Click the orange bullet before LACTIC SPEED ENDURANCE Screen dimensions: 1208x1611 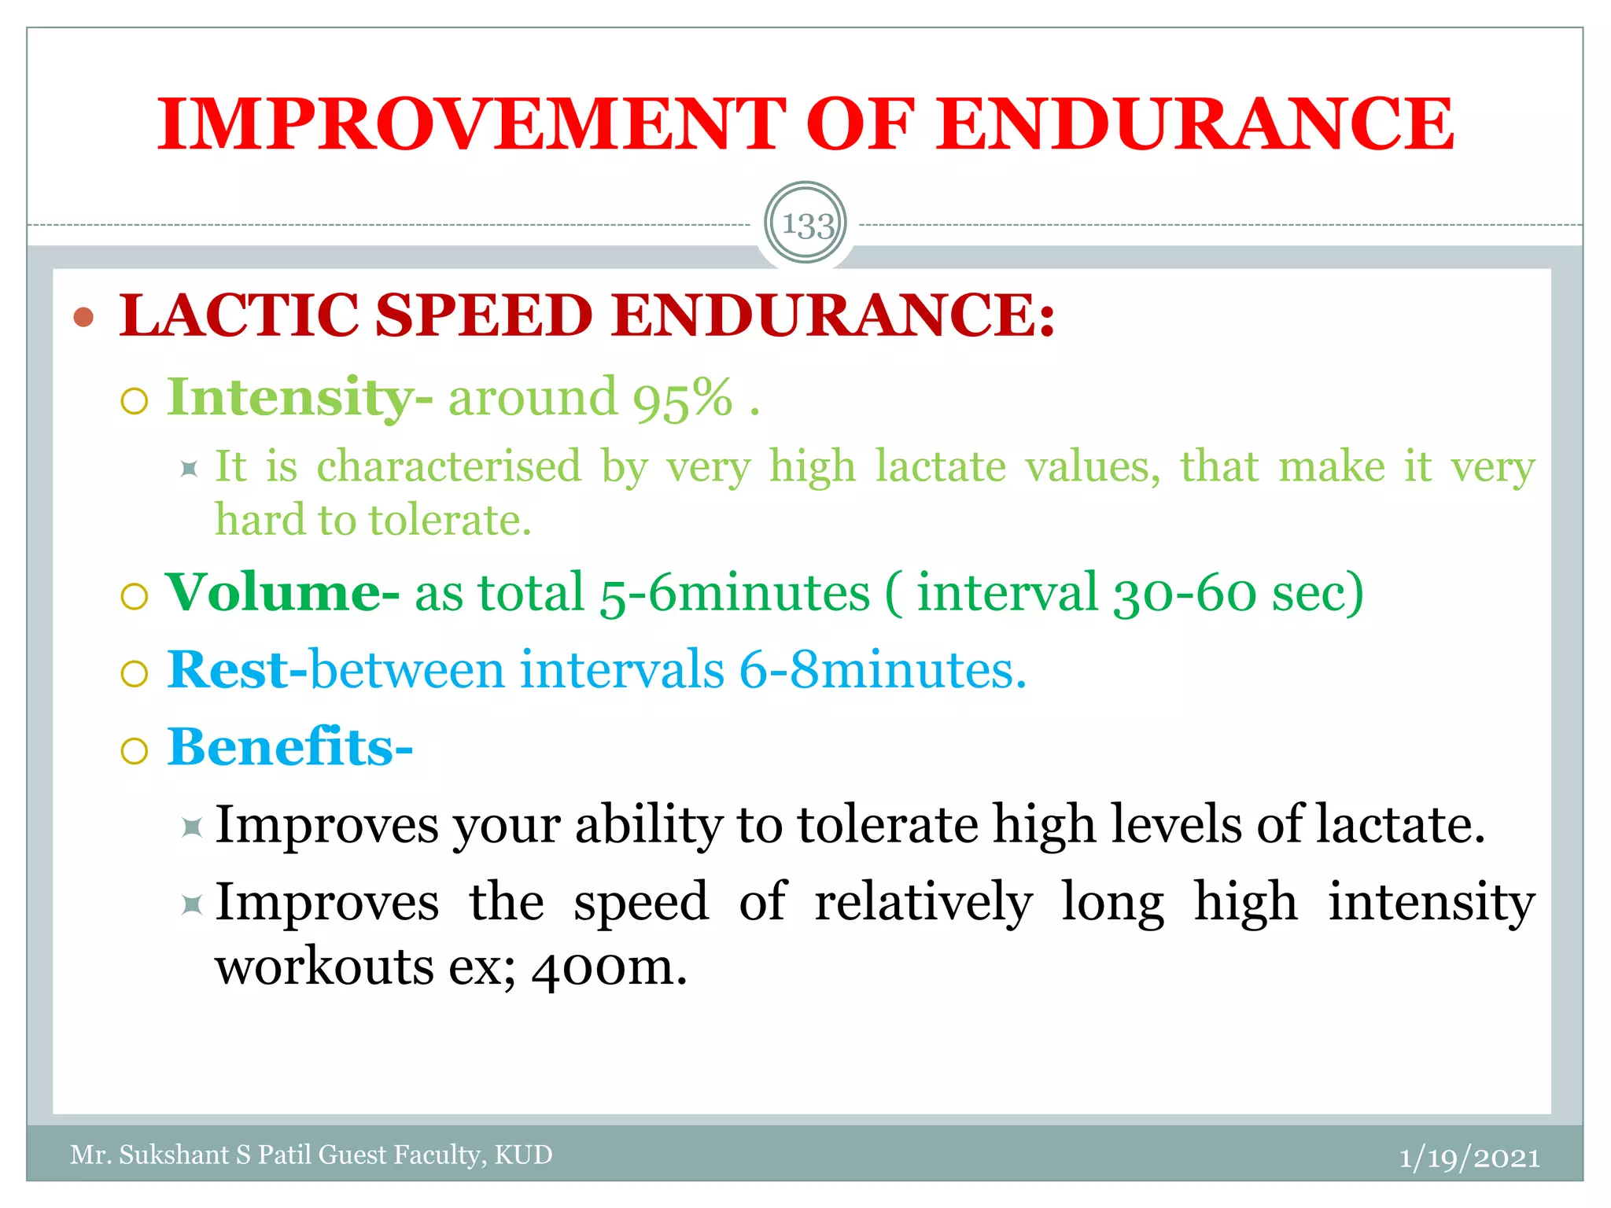83,317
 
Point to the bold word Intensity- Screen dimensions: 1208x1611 299,398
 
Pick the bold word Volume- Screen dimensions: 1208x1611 282,592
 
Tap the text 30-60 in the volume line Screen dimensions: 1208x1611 1185,592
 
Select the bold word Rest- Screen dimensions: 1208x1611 237,670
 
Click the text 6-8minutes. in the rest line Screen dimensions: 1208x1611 883,670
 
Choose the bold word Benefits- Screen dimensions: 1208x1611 289,746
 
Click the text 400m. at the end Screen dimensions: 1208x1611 609,967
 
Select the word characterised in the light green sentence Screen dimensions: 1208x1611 448,466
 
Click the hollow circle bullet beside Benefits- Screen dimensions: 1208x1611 135,751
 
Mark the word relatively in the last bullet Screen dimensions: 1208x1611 923,902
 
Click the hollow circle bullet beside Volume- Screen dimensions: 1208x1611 135,596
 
